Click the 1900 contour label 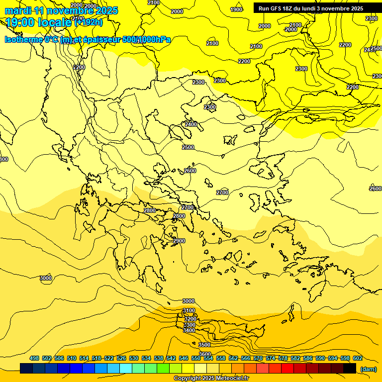[237, 9]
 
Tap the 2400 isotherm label [191, 124]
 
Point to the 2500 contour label [188, 147]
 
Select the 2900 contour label [179, 241]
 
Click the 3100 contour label [189, 310]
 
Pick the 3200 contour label [190, 319]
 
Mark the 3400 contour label [189, 330]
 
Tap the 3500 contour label [204, 344]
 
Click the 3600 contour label [205, 354]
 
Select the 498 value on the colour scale [34, 358]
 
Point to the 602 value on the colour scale [358, 358]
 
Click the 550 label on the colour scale [196, 358]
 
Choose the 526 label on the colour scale [121, 358]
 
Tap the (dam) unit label [368, 369]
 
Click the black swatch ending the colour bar [350, 369]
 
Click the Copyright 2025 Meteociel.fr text [211, 379]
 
